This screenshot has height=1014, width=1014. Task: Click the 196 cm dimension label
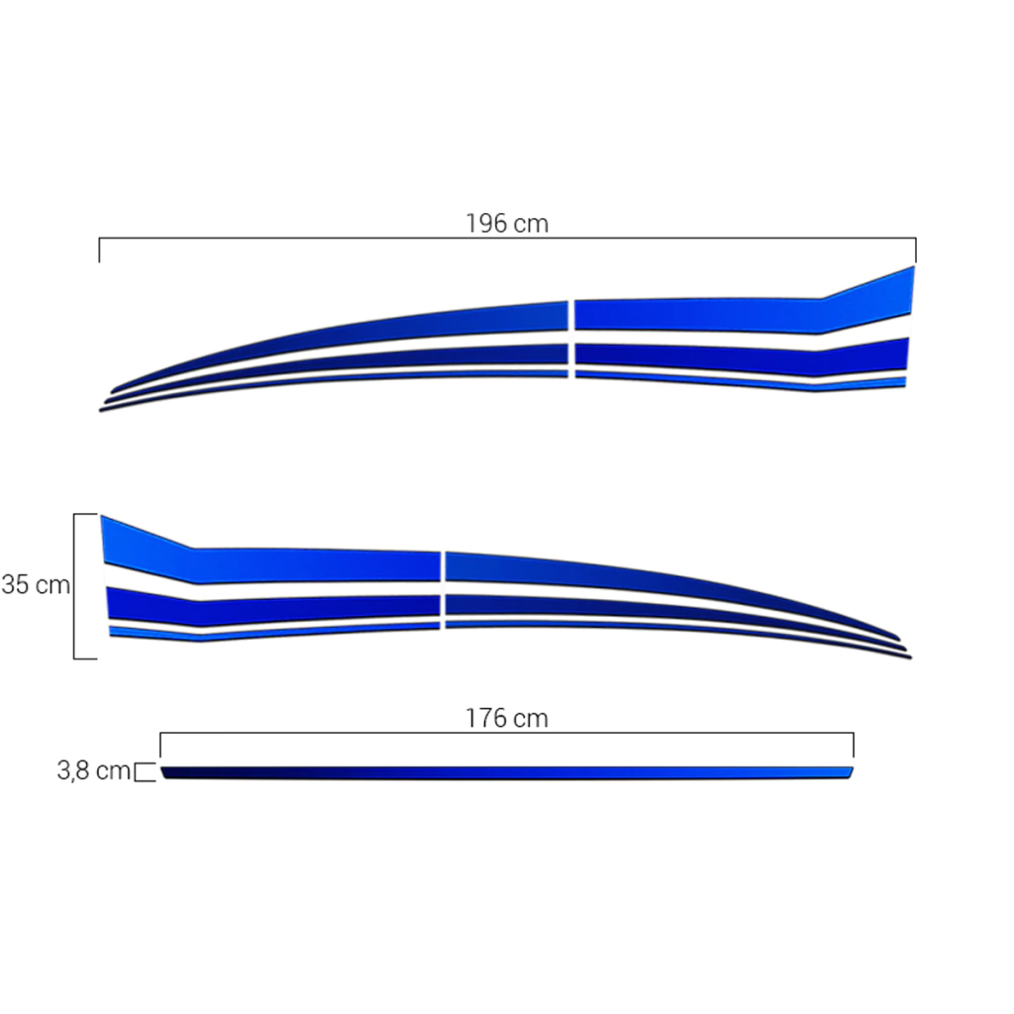tap(507, 224)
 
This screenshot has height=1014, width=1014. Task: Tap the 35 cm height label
tap(36, 584)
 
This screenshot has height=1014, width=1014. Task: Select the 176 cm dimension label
tap(507, 719)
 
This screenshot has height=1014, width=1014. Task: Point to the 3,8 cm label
tap(94, 770)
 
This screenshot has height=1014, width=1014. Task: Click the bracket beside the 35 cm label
tap(74, 586)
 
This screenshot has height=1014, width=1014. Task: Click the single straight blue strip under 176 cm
tap(507, 772)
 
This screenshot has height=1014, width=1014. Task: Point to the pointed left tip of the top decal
tap(101, 410)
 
